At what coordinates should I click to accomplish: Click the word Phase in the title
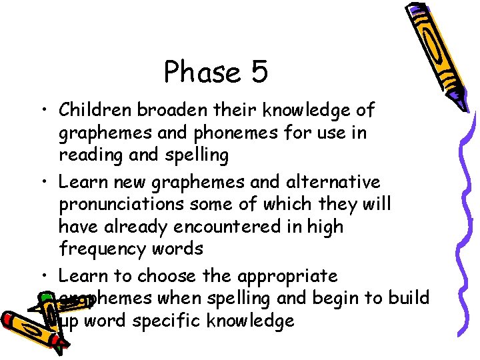202,71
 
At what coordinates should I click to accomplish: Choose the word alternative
325,181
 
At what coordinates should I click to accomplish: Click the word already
137,227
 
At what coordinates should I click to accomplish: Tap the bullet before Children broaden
43,110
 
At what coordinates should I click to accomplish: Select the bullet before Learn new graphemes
43,182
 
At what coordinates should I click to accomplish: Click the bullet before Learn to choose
43,276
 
